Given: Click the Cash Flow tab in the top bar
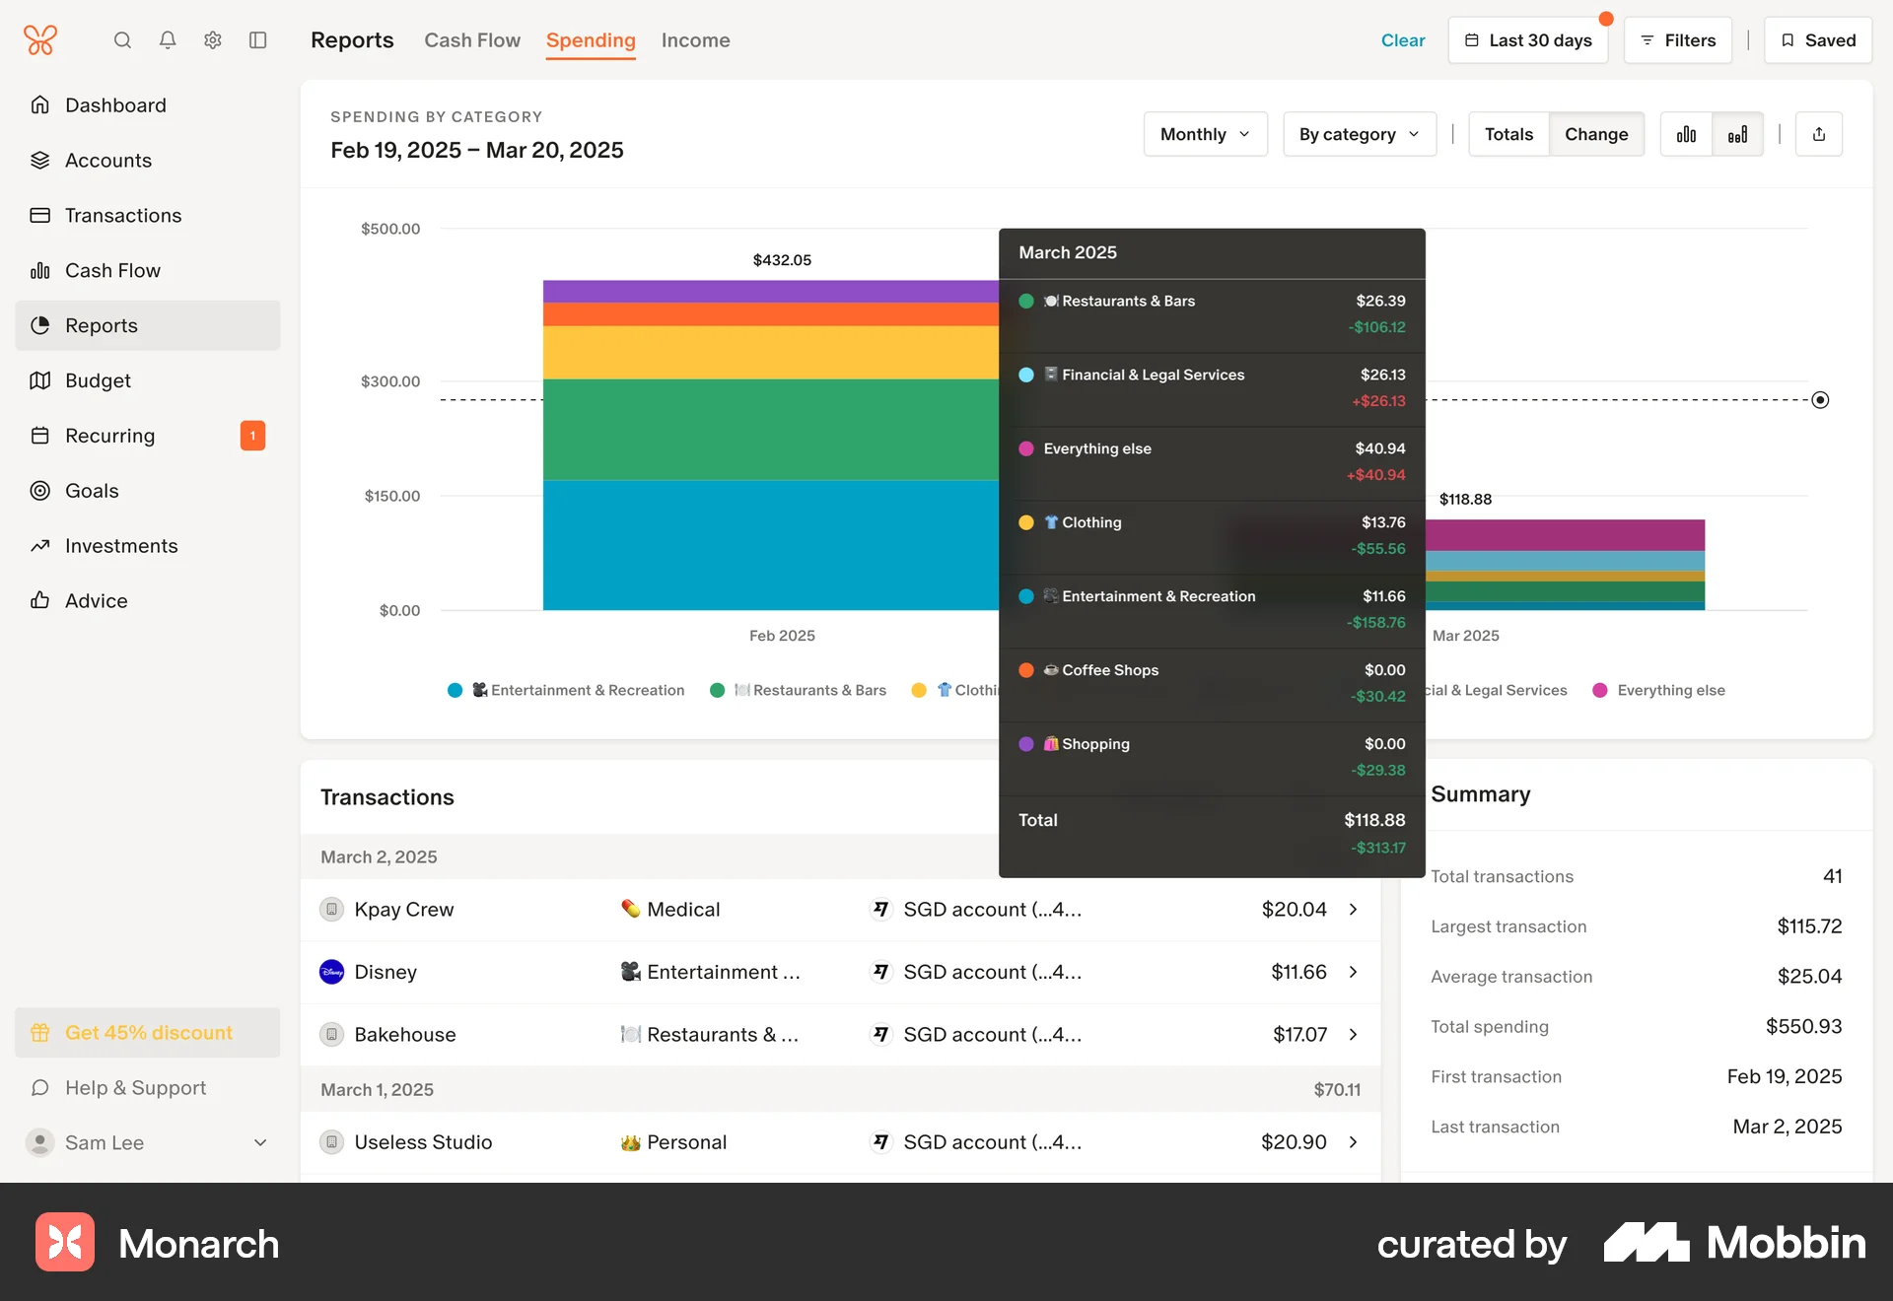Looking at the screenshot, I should tap(472, 40).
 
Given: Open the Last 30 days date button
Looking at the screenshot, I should tap(1527, 40).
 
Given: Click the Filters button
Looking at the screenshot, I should tap(1677, 40).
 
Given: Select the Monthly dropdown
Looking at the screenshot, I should tap(1205, 134).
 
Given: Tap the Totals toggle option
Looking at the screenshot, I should tap(1508, 134).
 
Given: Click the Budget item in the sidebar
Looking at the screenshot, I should tap(98, 380).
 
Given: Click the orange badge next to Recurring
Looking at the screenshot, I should tap(252, 436).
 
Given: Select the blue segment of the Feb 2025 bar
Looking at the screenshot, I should tap(769, 544).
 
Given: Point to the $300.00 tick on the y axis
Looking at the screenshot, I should tap(390, 381).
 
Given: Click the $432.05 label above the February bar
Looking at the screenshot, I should tap(782, 260).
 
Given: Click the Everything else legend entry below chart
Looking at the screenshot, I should tap(1670, 690).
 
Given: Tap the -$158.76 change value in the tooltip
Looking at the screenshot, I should tap(1376, 623).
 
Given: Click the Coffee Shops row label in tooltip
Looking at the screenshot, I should tap(1110, 670).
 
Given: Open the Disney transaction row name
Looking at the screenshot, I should tap(386, 972).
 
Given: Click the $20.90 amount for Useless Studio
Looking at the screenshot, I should tap(1294, 1142).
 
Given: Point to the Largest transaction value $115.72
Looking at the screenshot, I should tap(1809, 926).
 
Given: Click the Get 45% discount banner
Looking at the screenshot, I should tap(148, 1033).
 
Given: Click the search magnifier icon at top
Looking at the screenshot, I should tap(122, 40).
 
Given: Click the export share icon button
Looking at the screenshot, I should tap(1819, 134).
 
